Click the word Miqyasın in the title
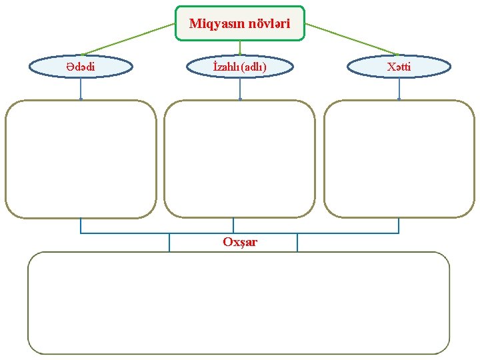point(217,24)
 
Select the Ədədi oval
point(81,67)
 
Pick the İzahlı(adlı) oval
point(239,67)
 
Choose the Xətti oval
point(399,67)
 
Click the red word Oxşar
point(240,241)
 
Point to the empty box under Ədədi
point(81,159)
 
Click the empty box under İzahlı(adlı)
point(239,159)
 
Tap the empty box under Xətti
point(399,159)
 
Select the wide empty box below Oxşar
point(239,303)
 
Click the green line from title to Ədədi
point(127,39)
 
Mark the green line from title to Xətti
point(351,39)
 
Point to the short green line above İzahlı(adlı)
point(240,48)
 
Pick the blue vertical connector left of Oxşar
point(169,243)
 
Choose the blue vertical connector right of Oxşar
point(297,243)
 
